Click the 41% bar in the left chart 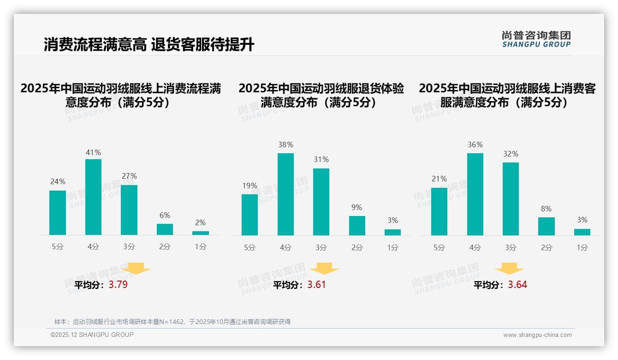[x=93, y=197]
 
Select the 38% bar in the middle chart [x=285, y=194]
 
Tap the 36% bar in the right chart [x=475, y=194]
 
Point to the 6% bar [x=165, y=229]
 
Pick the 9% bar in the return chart [x=357, y=226]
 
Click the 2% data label [x=200, y=222]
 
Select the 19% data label [x=250, y=186]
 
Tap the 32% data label [x=511, y=154]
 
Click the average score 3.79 [x=118, y=285]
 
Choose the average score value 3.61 [x=316, y=285]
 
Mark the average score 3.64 [x=517, y=285]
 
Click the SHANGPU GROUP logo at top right [x=536, y=39]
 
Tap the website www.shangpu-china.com [x=537, y=335]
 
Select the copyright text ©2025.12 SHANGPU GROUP [x=92, y=335]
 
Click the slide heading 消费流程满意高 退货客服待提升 [x=149, y=45]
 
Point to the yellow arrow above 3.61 [x=324, y=269]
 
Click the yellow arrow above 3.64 [x=509, y=269]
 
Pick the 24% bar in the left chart [x=58, y=213]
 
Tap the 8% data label [x=546, y=209]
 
